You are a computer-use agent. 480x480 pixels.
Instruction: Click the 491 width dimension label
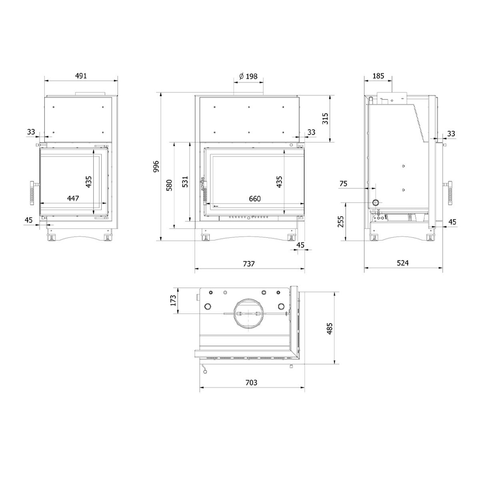click(81, 76)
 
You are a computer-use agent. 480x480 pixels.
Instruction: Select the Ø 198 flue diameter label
click(248, 76)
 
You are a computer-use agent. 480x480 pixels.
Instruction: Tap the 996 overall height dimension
click(156, 166)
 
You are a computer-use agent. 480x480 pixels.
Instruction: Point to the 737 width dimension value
click(248, 263)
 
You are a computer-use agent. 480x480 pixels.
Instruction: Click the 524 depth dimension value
click(402, 263)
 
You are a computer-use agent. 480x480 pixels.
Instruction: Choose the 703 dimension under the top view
click(251, 382)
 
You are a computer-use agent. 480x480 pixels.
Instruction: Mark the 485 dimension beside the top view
click(329, 328)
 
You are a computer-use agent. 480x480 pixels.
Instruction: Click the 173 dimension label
click(173, 300)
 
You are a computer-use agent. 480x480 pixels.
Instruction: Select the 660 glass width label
click(255, 198)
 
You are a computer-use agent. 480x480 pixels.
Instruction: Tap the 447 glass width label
click(73, 198)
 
